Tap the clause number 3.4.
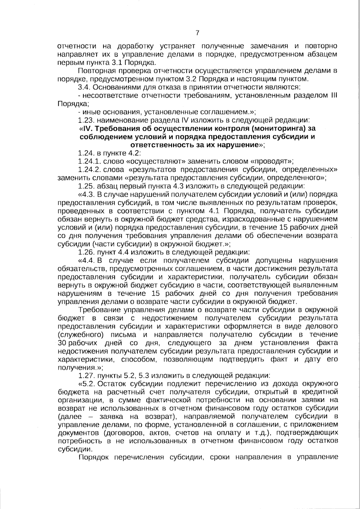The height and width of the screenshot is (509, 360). click(84, 88)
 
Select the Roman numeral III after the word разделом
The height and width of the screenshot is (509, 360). click(334, 96)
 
